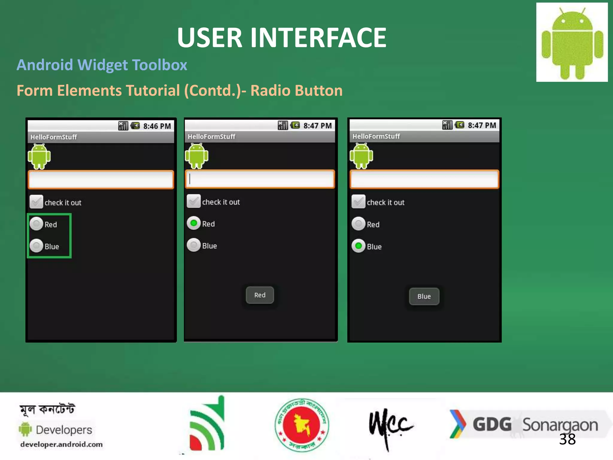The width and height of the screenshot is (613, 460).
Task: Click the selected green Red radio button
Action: (194, 223)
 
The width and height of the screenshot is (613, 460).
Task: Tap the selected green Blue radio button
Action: (358, 246)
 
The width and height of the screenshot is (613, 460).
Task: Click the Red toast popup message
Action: (260, 295)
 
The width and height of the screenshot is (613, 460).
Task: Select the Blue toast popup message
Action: (424, 296)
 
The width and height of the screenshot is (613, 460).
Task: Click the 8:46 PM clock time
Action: (157, 126)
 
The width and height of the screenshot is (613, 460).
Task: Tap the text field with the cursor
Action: (260, 179)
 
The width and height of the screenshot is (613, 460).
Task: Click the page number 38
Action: (567, 439)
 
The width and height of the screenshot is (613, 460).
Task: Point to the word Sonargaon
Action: (560, 425)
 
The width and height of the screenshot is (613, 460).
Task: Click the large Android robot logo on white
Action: (572, 42)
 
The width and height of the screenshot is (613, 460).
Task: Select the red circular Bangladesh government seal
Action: (302, 425)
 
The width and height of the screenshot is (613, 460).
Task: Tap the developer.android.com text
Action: (61, 444)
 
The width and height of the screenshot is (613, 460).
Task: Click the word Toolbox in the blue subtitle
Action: (160, 65)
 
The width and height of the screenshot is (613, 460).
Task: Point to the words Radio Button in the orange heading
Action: (296, 90)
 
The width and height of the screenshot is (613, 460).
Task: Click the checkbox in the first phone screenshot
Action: (36, 202)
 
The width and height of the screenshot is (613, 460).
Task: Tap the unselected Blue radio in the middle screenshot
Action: (194, 245)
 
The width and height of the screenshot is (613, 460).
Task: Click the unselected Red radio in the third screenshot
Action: (358, 224)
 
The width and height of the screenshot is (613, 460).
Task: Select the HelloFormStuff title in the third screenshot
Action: (376, 137)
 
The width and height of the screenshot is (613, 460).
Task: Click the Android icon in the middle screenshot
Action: (197, 156)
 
